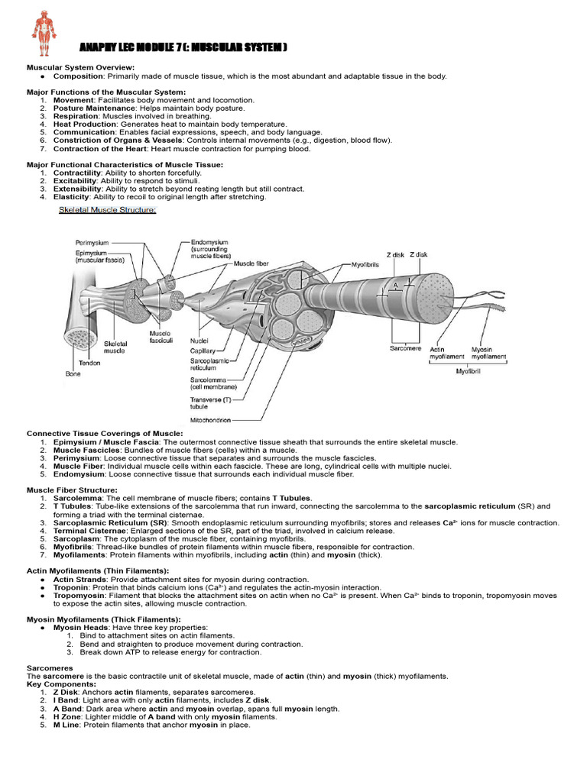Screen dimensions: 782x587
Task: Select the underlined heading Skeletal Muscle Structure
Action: (108, 211)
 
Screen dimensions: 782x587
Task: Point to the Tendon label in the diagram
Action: (91, 364)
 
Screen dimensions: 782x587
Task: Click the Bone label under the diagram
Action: (73, 374)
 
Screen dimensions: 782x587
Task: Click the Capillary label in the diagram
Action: (203, 351)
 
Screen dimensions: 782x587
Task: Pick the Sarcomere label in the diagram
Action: (405, 347)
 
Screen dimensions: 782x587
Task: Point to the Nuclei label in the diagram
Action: (200, 341)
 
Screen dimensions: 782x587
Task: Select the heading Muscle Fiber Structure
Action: (73, 490)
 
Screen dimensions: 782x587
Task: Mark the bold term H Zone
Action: (67, 717)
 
